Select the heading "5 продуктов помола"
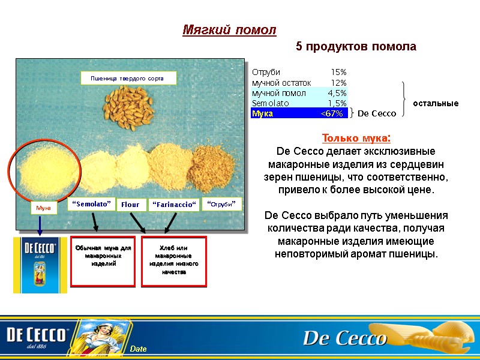355,47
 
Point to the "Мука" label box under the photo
44,208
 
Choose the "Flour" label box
130,205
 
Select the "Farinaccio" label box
174,205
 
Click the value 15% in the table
338,73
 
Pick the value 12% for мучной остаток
338,83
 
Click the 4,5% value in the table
337,93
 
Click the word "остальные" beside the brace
436,103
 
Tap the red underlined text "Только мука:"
356,139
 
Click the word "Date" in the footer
139,349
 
